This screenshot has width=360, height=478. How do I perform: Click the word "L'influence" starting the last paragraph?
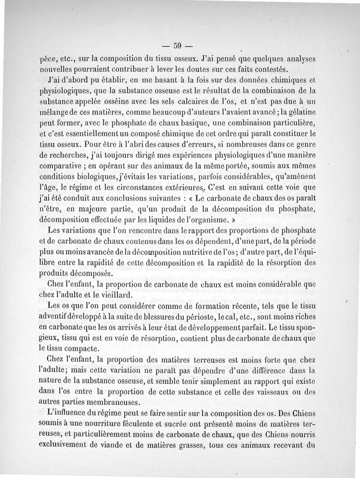point(68,414)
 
